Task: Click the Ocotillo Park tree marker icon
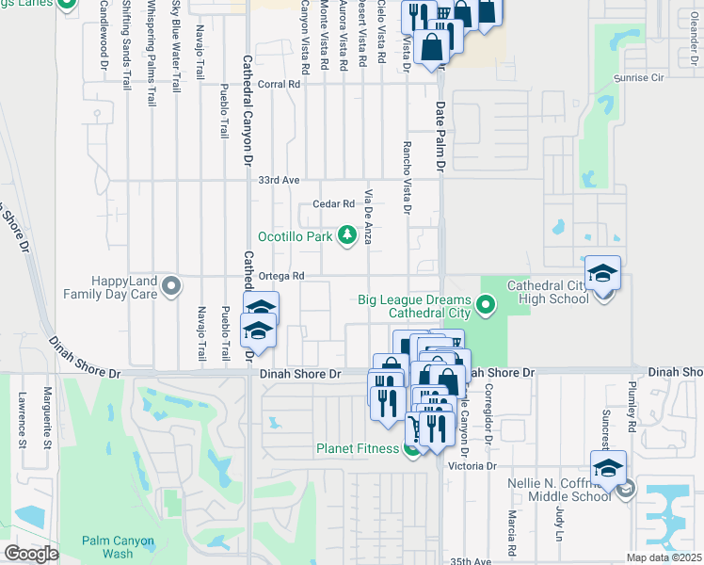click(347, 234)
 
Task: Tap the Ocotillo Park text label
click(296, 235)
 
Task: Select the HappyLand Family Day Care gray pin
click(170, 285)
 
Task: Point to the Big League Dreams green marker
click(486, 303)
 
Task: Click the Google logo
click(32, 554)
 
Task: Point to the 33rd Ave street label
click(279, 180)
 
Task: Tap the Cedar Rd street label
click(333, 203)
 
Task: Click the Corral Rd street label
click(279, 84)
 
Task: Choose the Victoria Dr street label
click(472, 466)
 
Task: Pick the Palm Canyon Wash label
click(120, 547)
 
